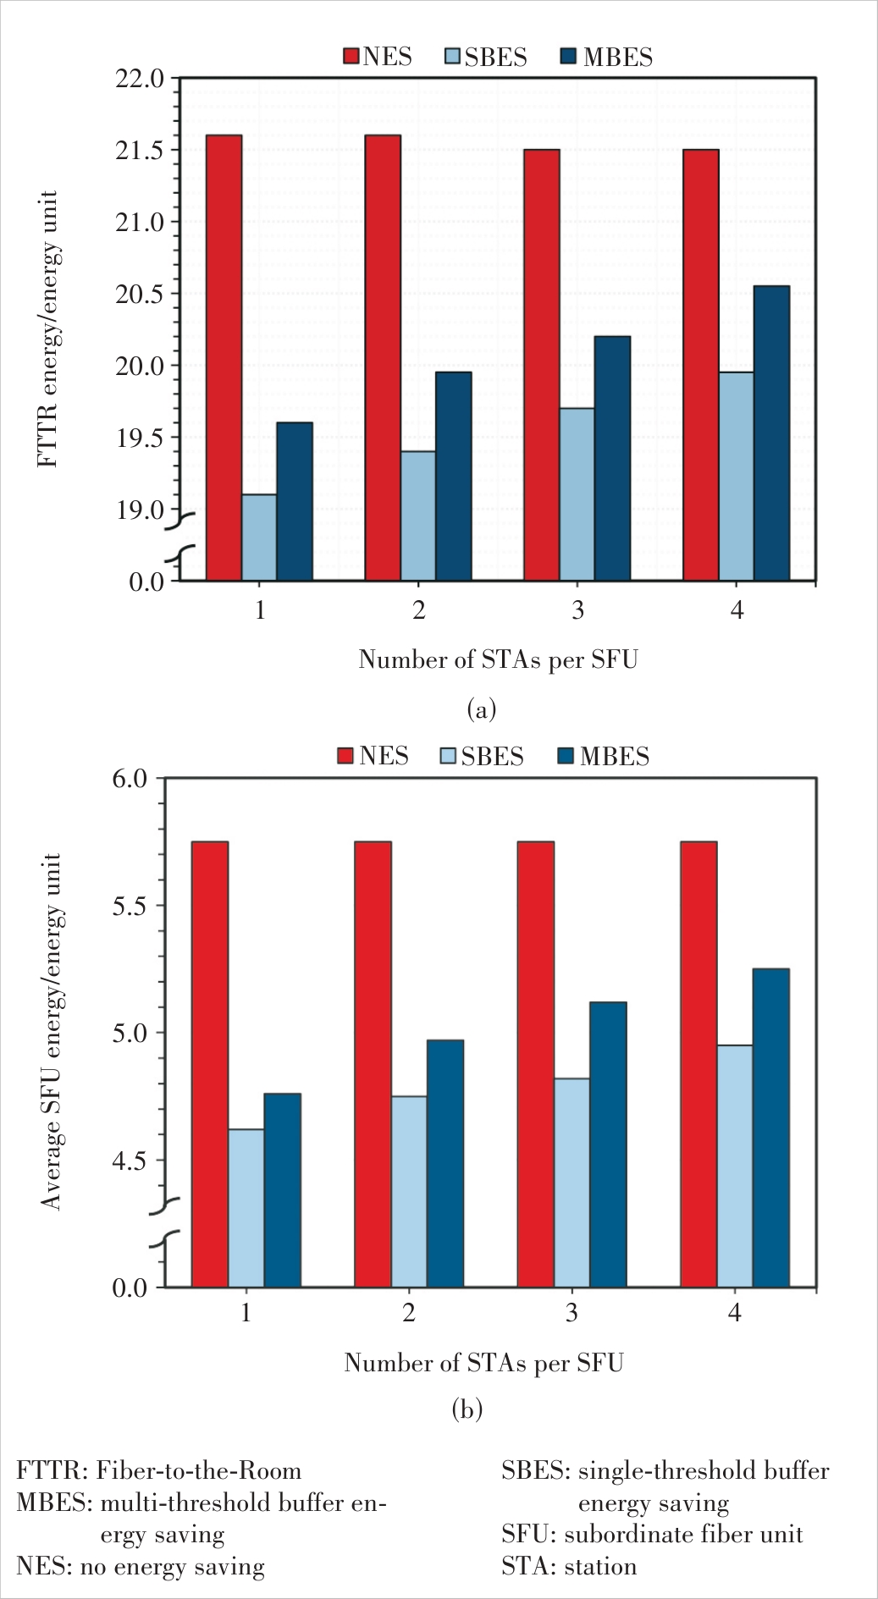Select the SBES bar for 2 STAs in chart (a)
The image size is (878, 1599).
point(418,516)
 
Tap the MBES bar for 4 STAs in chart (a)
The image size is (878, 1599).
point(771,433)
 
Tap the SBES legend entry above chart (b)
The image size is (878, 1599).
point(483,756)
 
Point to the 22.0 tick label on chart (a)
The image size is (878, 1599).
point(139,79)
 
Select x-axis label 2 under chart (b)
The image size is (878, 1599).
point(409,1313)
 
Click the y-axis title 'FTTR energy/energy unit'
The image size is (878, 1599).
point(48,329)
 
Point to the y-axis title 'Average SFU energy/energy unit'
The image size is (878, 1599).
point(52,1032)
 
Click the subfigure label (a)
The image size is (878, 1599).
point(482,709)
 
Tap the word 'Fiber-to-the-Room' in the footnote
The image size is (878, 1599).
point(198,1470)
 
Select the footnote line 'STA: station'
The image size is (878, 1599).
point(569,1567)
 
